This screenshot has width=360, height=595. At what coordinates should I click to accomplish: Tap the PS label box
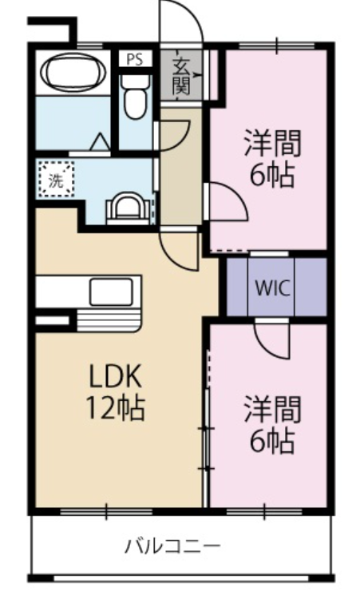(x=135, y=58)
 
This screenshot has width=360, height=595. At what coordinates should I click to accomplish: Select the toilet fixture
(x=136, y=95)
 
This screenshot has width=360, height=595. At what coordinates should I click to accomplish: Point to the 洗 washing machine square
(x=56, y=180)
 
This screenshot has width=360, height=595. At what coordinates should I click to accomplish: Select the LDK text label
(x=115, y=378)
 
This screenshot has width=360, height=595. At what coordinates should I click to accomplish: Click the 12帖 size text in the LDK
(x=115, y=408)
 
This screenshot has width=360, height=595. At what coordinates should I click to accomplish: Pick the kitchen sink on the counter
(x=111, y=292)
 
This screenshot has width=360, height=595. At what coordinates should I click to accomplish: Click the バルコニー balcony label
(x=171, y=547)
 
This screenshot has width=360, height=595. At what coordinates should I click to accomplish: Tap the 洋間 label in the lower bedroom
(x=271, y=410)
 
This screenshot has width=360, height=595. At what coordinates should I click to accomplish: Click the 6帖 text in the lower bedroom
(x=271, y=440)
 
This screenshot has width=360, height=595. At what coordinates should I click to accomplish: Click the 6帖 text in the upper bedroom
(x=271, y=174)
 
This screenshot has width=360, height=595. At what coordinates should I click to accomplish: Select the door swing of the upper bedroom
(x=226, y=203)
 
